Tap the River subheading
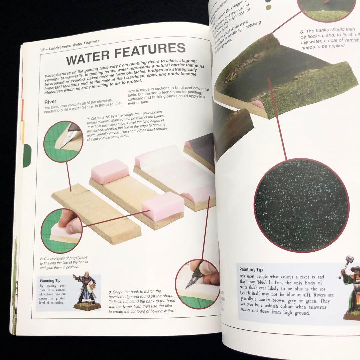(x=50, y=101)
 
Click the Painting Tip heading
(x=251, y=269)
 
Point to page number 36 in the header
(x=42, y=50)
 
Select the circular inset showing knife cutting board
(x=63, y=141)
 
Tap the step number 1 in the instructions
(x=88, y=119)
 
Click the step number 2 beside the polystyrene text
(x=41, y=259)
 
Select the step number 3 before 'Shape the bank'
(x=110, y=292)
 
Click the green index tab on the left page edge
(x=27, y=155)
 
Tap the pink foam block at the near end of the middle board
(x=163, y=206)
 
